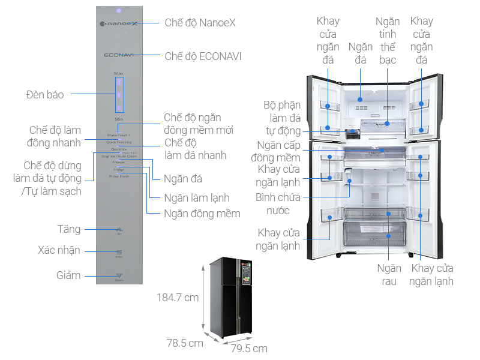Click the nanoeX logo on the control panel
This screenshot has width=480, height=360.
[x=119, y=25]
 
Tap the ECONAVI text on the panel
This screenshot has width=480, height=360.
[x=119, y=55]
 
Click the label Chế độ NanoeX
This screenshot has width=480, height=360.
[x=200, y=23]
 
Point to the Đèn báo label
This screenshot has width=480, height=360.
[x=45, y=94]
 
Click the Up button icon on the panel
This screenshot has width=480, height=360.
[x=119, y=229]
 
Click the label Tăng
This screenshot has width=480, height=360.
[x=68, y=229]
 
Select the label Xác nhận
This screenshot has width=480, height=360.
[x=59, y=251]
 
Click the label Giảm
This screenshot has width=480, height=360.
[x=68, y=275]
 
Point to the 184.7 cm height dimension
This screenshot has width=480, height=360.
[x=177, y=297]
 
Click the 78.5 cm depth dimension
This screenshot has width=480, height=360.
[x=185, y=343]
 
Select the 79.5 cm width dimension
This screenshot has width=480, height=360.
[x=249, y=348]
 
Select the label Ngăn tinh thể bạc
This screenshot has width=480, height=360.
[x=388, y=41]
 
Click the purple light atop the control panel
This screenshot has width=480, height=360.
[x=119, y=10]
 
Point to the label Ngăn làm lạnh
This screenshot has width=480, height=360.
[x=197, y=198]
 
